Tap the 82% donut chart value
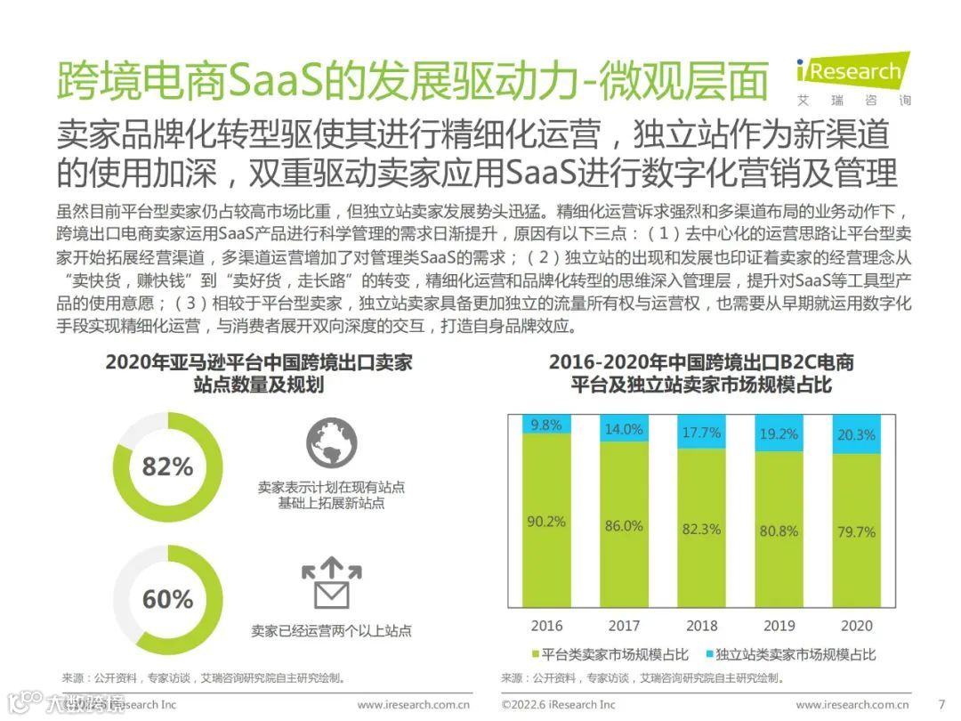point(167,466)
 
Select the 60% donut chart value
point(167,599)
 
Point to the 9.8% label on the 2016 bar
point(546,425)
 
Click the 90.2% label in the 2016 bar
point(546,522)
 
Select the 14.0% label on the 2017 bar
point(624,429)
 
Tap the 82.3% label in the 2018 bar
point(701,529)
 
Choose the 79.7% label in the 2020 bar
point(856,532)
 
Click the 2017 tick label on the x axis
point(624,626)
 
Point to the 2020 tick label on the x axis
point(856,626)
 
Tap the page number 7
point(941,705)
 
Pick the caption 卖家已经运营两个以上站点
point(331,631)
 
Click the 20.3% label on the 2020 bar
point(856,435)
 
